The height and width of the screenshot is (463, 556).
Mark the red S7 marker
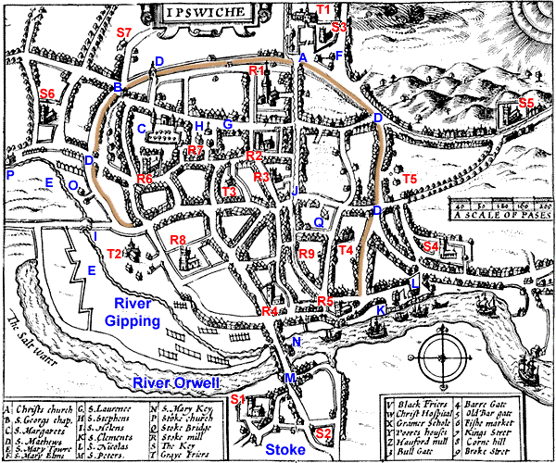pyautogui.click(x=124, y=33)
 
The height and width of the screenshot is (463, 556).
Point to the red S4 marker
pyautogui.click(x=429, y=246)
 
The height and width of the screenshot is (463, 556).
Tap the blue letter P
pyautogui.click(x=9, y=174)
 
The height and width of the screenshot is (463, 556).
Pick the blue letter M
pyautogui.click(x=289, y=379)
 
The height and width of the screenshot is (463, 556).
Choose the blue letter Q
pyautogui.click(x=318, y=222)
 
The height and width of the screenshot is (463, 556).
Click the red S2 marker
pyautogui.click(x=322, y=433)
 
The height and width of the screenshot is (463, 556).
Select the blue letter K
pyautogui.click(x=381, y=309)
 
